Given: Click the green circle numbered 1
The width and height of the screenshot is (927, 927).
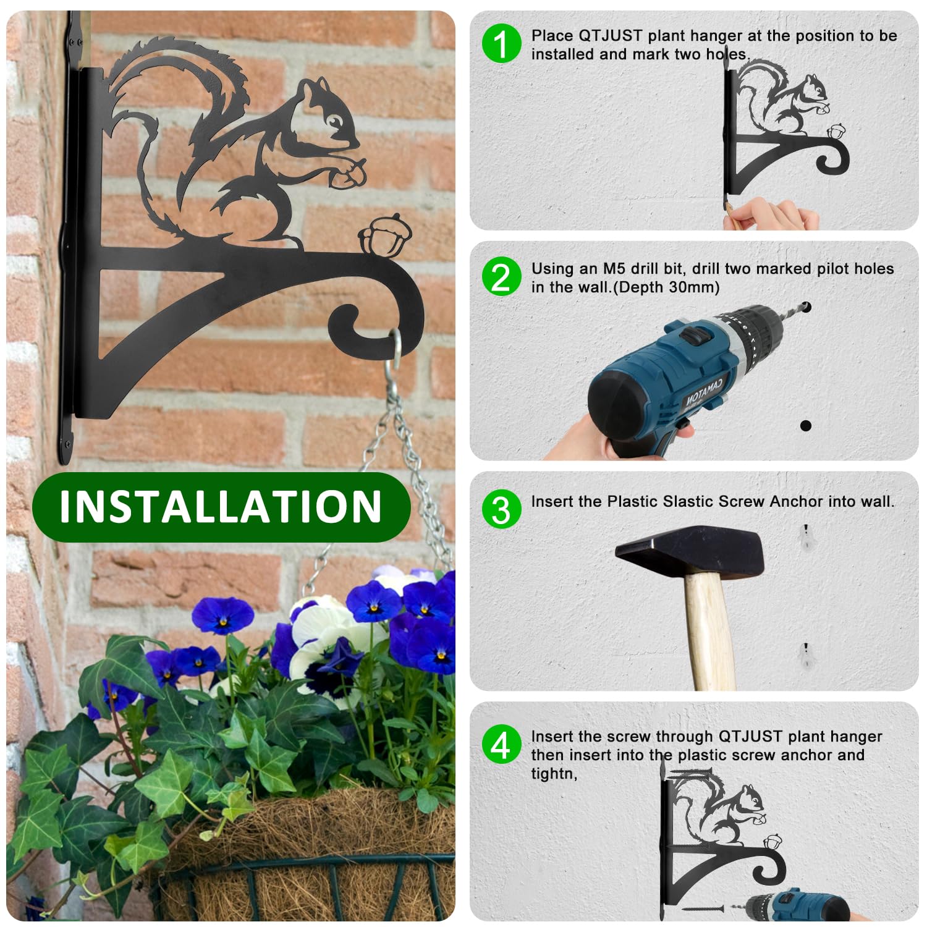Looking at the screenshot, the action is coord(501,43).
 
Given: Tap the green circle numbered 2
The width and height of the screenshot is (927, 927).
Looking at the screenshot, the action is coord(501,276).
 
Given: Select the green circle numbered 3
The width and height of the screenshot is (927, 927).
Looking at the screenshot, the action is coord(501,509).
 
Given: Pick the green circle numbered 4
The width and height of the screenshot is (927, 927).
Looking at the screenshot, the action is coord(501,744).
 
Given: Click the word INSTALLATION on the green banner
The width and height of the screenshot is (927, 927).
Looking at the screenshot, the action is coord(221,507).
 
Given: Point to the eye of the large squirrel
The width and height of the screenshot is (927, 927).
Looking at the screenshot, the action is coord(334,121).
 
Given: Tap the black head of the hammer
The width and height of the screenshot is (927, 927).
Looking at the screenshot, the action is coord(690,551).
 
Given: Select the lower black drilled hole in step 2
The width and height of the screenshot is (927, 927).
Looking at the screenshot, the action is coord(805,425).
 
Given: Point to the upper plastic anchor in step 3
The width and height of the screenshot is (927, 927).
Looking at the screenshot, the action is coord(805,538).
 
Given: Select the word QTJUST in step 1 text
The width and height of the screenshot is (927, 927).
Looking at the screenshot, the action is coord(610,36).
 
